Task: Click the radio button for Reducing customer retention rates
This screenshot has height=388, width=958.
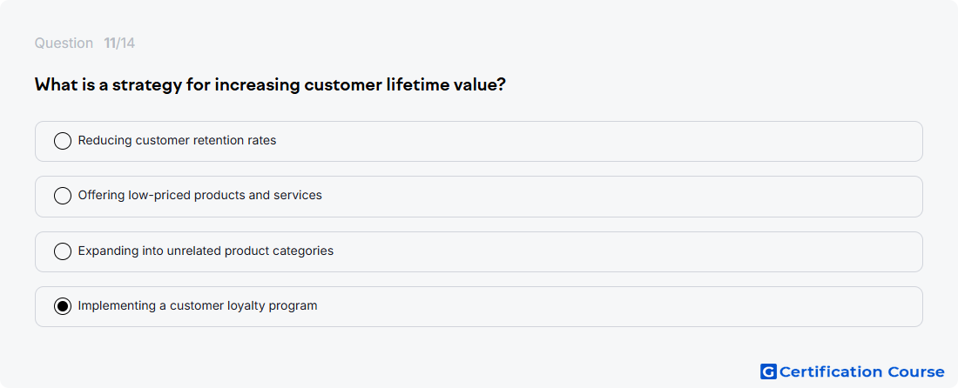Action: pos(63,141)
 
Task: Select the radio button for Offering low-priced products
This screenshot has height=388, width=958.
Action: pos(63,196)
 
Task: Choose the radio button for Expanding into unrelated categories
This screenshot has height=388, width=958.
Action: pos(63,251)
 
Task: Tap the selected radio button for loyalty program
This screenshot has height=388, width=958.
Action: pos(63,306)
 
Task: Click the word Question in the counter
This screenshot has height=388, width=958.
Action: pos(64,43)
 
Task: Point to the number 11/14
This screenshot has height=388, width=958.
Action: pos(119,43)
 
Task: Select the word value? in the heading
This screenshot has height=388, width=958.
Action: pos(480,84)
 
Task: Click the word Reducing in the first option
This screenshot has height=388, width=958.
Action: pos(105,140)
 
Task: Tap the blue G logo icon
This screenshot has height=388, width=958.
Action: pos(769,371)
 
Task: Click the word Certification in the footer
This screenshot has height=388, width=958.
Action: pos(831,371)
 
